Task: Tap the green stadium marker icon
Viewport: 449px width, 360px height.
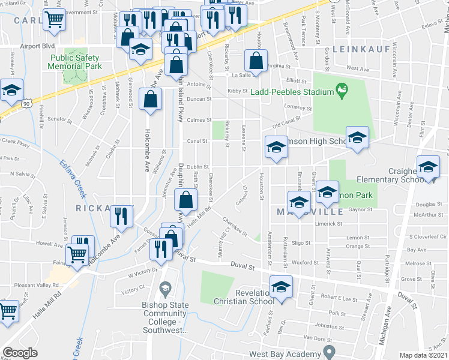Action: click(x=342, y=91)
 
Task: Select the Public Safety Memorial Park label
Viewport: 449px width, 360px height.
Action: click(x=74, y=61)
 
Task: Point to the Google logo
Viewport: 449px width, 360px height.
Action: click(x=20, y=353)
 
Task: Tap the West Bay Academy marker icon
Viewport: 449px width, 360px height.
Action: click(x=328, y=350)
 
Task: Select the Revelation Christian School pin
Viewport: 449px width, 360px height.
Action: click(x=280, y=287)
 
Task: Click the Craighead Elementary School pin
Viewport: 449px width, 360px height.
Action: click(x=429, y=167)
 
